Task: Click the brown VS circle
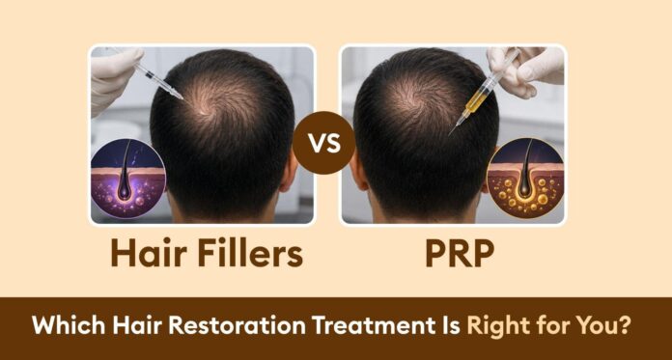click(324, 143)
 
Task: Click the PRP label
click(460, 252)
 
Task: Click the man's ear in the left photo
click(289, 172)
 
